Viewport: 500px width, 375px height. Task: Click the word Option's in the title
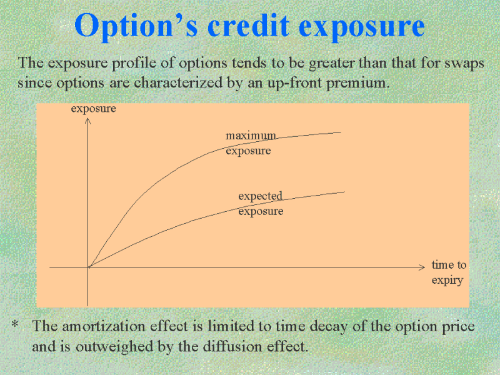pos(136,26)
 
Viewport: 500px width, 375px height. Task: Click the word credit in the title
pos(249,25)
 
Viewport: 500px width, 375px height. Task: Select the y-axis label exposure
pos(93,109)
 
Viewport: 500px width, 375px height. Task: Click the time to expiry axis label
pos(449,272)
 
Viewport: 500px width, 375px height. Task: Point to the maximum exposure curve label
pos(251,143)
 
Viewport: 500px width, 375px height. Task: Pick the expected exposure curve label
pos(261,204)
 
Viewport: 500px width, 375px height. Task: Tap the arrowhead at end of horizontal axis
pos(423,267)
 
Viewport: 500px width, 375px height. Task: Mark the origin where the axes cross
pos(88,267)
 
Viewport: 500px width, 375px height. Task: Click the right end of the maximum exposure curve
pos(341,132)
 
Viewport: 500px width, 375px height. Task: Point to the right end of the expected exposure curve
pos(345,192)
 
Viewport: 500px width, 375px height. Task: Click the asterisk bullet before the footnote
pos(14,324)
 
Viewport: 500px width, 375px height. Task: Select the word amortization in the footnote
pos(104,326)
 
